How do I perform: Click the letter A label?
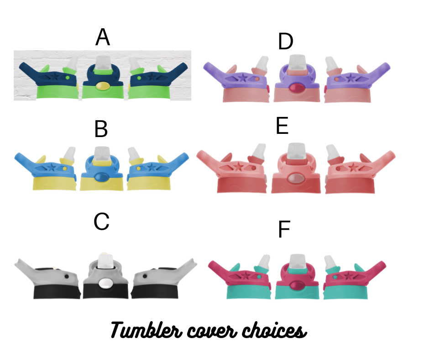(x=103, y=37)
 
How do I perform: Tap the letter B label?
(x=101, y=130)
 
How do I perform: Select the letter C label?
(x=101, y=222)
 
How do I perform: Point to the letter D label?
(x=285, y=42)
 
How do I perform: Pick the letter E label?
(x=283, y=127)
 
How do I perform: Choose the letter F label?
(x=284, y=230)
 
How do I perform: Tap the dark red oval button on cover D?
(x=297, y=88)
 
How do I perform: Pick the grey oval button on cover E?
(x=296, y=178)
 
